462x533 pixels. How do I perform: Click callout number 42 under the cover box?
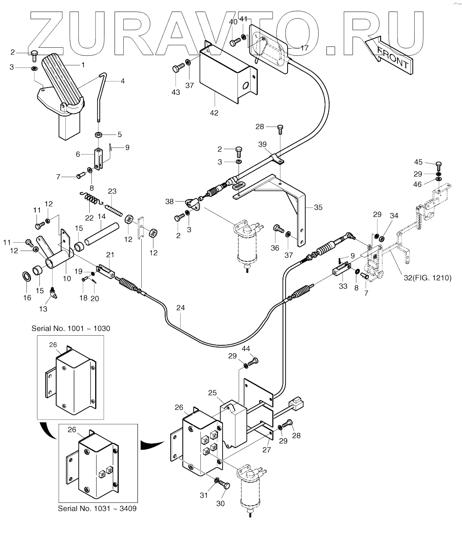point(214,113)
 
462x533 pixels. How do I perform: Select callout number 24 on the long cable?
point(181,308)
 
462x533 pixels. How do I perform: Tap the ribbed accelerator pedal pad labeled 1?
point(62,80)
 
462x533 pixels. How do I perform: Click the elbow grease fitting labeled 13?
point(53,293)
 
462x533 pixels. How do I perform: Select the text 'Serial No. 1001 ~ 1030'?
point(71,329)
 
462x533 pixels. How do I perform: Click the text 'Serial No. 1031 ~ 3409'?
point(97,509)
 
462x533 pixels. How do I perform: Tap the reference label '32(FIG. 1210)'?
point(428,278)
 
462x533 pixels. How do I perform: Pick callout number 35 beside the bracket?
point(318,207)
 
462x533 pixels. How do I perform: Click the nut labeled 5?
point(99,135)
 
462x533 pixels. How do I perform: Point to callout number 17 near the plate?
point(304,48)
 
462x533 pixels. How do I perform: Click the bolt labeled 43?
point(178,68)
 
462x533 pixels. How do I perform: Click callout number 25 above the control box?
point(212,393)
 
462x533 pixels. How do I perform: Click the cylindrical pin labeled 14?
point(101,234)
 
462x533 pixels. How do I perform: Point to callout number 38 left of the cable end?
point(169,202)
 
